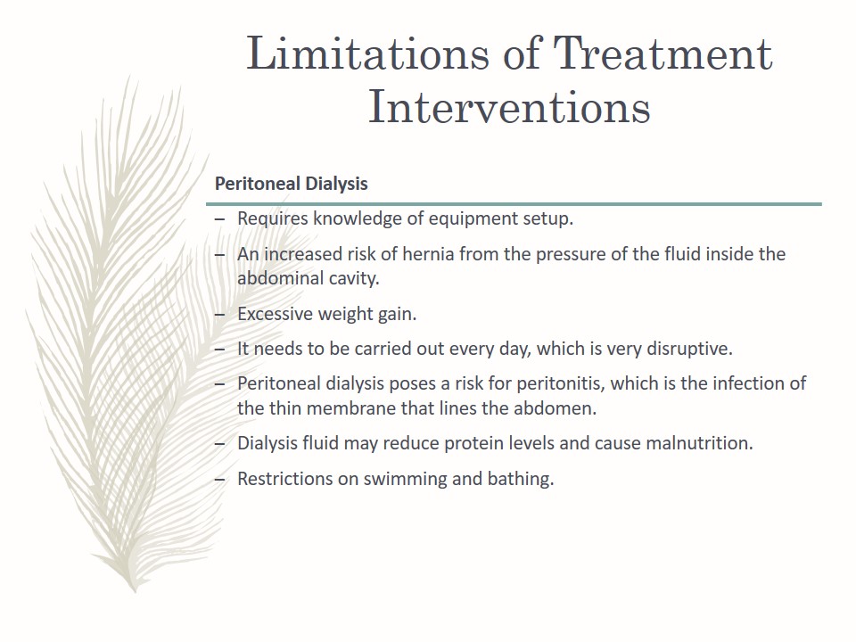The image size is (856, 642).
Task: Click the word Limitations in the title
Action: [368, 53]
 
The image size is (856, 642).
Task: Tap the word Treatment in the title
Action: [663, 53]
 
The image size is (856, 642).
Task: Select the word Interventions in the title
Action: [509, 106]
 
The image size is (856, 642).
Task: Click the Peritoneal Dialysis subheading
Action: [291, 184]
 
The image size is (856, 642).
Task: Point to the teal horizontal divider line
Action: [514, 204]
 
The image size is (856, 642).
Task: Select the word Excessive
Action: [275, 314]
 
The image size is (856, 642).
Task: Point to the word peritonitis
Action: [561, 383]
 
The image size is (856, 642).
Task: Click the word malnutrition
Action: [699, 443]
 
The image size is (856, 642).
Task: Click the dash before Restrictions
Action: [220, 480]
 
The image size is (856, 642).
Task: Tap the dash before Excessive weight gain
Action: [220, 315]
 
